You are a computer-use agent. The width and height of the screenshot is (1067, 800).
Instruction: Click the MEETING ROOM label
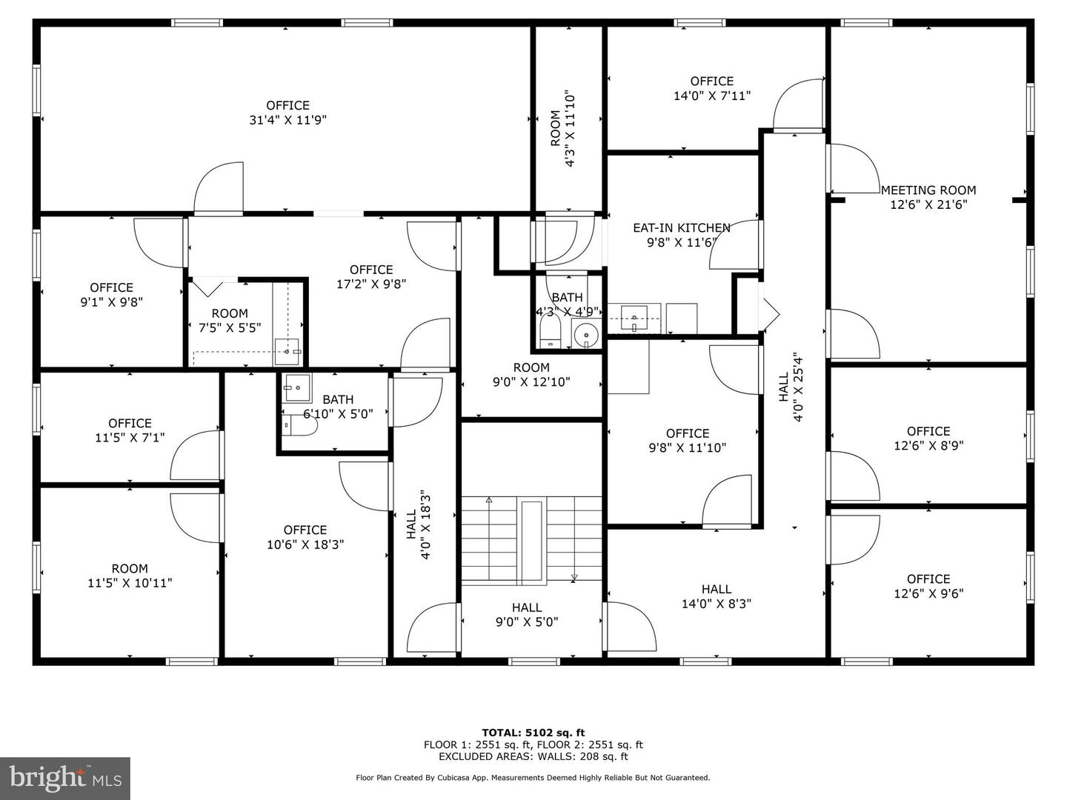point(928,190)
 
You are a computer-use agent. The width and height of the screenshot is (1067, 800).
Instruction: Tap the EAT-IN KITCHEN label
point(681,228)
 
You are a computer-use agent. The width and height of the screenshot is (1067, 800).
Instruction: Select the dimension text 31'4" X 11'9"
point(287,120)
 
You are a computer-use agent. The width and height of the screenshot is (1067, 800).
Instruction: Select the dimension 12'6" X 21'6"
point(928,205)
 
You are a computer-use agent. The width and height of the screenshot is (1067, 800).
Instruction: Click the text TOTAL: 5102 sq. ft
point(533,733)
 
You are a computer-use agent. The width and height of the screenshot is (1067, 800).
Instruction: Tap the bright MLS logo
point(65,778)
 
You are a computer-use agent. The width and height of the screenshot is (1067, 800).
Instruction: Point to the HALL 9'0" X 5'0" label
point(526,615)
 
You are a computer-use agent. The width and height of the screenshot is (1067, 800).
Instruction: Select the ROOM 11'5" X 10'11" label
point(130,576)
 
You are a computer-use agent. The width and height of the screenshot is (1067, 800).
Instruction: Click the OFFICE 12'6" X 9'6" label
point(928,586)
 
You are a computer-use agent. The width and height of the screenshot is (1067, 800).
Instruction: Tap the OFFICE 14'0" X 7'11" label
point(711,88)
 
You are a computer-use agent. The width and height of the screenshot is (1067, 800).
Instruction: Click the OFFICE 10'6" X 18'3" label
point(305,537)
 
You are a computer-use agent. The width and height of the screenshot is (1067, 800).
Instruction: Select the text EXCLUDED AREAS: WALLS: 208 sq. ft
point(533,756)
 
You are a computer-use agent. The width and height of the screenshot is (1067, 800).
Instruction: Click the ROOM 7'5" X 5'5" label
point(229,321)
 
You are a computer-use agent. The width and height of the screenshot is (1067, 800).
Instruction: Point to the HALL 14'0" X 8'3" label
point(716,596)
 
